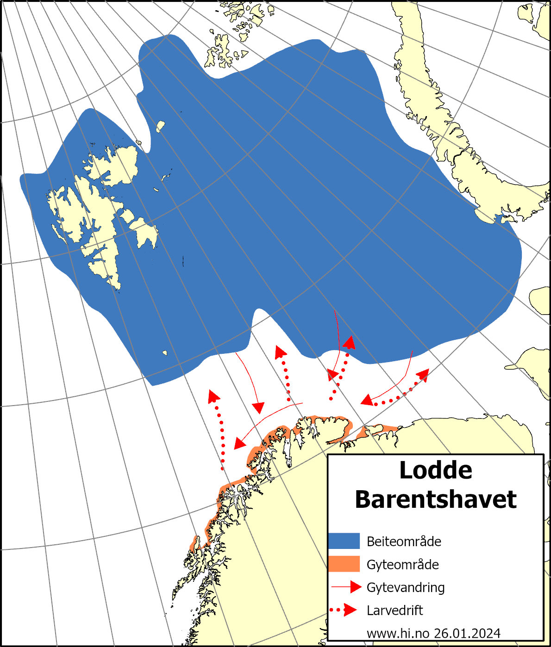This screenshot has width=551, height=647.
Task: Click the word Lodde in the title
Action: coord(436,470)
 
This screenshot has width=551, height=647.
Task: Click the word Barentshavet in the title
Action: coord(436,499)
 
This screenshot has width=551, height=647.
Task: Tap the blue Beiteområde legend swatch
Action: coord(344,541)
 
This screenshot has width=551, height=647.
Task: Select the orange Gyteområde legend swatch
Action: coord(344,564)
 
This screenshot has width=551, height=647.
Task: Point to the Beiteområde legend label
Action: coord(404,542)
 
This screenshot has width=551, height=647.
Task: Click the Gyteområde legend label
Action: coord(402,565)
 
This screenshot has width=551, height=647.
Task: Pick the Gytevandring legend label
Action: coord(406,587)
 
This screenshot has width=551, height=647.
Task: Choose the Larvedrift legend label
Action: coord(394,610)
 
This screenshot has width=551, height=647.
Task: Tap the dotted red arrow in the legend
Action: coord(344,610)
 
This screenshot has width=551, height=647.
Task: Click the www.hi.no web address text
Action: coord(398,633)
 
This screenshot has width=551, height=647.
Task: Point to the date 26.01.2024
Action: coord(467,633)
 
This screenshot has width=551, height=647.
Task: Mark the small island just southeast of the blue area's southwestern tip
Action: coord(165,353)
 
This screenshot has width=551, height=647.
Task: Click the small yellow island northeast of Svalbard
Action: coord(161,126)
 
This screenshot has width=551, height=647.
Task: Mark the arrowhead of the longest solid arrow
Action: coord(239,444)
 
